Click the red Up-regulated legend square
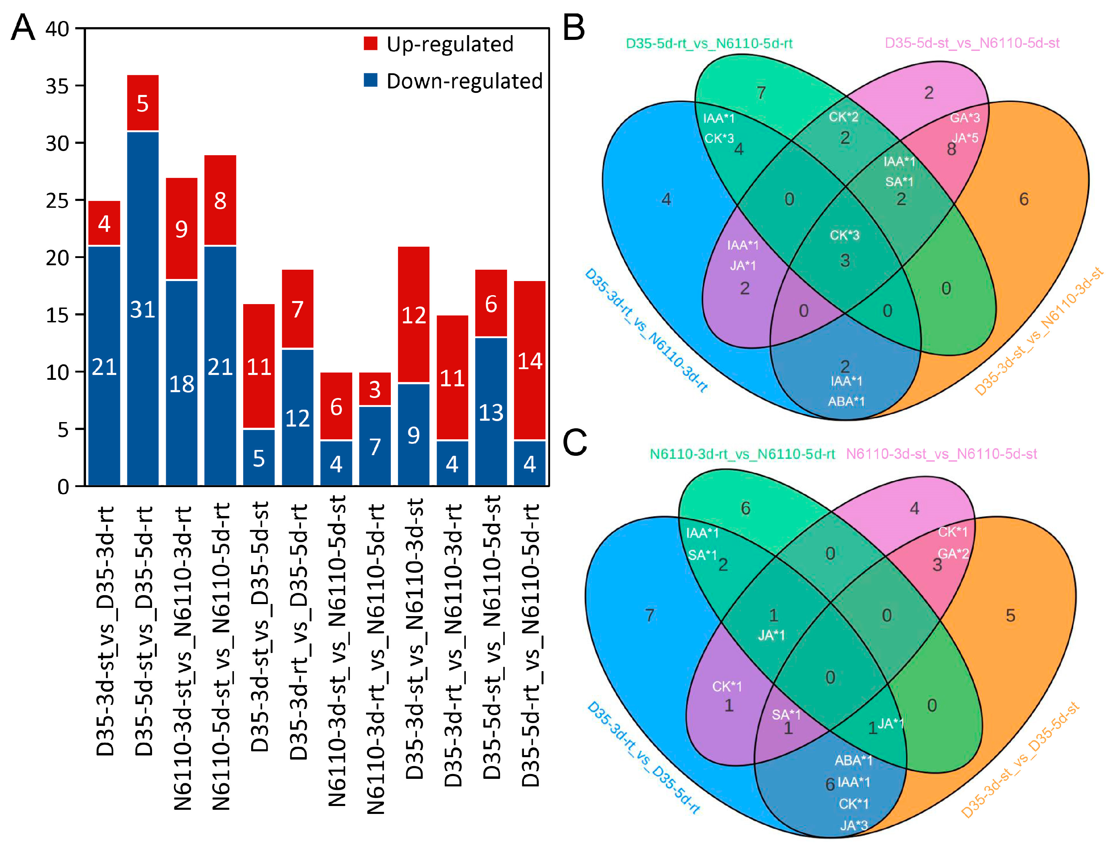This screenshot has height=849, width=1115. coord(371,43)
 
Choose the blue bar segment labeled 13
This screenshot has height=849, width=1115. coord(491,411)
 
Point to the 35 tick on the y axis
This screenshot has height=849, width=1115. coord(57,86)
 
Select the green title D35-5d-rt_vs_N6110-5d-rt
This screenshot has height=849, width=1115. coord(709,43)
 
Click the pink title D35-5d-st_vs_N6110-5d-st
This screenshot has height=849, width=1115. coord(972,43)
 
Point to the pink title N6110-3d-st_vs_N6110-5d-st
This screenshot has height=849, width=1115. coord(941,454)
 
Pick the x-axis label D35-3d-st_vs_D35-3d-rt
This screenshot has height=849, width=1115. coord(105,631)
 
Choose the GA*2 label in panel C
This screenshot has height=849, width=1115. coord(953,554)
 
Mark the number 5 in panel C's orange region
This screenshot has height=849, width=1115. coord(1010,615)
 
